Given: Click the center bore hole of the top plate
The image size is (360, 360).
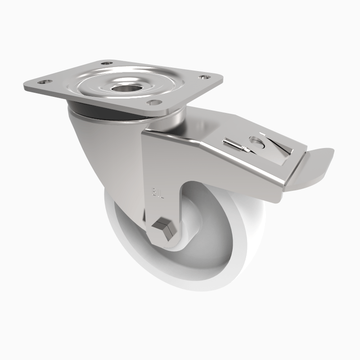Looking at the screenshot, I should (x=125, y=86).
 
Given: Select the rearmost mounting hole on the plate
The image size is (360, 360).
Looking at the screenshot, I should (x=106, y=64).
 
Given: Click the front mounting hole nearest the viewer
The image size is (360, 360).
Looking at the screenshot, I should (x=154, y=103).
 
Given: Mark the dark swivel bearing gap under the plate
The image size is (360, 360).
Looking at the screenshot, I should (x=108, y=112).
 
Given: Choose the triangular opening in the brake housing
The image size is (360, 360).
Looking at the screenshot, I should (x=281, y=148).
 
